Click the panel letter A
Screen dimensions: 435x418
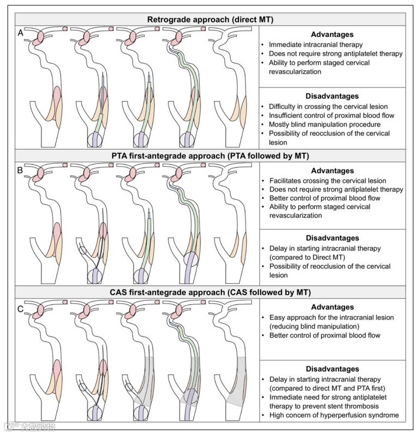21,32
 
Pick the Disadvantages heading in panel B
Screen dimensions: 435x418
331,238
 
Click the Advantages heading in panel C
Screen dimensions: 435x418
331,307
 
